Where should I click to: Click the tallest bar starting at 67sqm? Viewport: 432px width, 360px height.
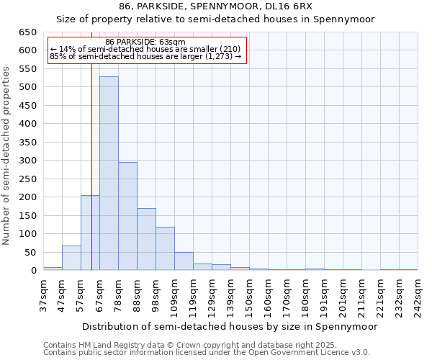click(x=109, y=173)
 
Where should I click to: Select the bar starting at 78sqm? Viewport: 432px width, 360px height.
click(x=127, y=216)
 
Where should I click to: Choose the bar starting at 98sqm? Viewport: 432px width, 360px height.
click(x=165, y=248)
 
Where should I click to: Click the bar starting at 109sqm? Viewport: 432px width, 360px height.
click(x=184, y=261)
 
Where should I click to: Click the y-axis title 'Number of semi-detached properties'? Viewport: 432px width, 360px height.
click(x=7, y=156)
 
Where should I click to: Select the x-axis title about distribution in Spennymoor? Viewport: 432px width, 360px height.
click(x=230, y=326)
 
